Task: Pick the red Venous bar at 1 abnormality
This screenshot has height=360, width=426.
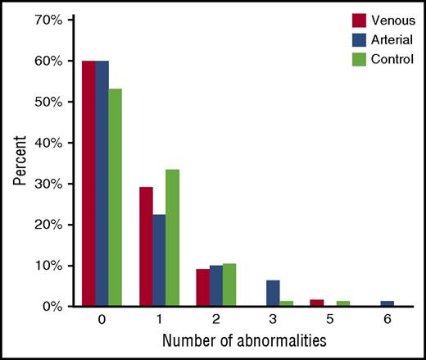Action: pos(145,247)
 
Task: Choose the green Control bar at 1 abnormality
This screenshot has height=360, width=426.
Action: pos(174,238)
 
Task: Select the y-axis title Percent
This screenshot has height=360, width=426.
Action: pos(18,163)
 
